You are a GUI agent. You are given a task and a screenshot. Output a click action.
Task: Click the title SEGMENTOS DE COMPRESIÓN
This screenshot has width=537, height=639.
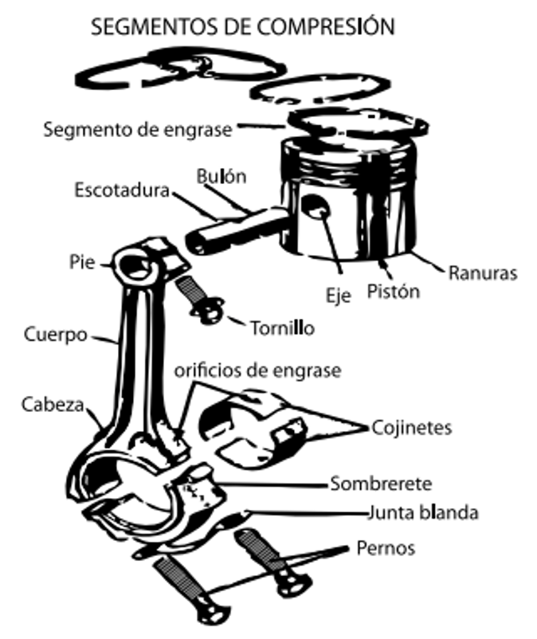click(x=243, y=26)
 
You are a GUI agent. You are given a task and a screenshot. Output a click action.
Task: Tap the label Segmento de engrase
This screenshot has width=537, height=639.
click(x=138, y=128)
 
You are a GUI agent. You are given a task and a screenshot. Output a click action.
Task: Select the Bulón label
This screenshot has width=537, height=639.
click(x=221, y=177)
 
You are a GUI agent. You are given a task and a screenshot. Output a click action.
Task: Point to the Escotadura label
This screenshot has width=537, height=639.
click(x=122, y=191)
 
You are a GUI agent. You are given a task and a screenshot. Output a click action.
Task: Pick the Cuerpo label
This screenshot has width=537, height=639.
click(x=55, y=335)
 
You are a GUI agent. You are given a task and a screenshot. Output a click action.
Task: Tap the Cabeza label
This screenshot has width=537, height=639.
click(x=52, y=404)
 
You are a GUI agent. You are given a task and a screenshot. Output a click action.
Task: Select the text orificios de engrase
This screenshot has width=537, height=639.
click(x=257, y=370)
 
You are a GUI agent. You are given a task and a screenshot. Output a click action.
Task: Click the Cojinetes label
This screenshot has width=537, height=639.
click(x=412, y=428)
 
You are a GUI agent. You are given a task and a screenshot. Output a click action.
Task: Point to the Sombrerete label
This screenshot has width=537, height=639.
click(x=381, y=484)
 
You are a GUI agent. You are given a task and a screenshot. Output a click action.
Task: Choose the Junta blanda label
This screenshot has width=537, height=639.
click(x=422, y=512)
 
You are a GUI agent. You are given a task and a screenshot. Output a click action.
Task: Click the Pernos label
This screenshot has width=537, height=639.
click(x=386, y=549)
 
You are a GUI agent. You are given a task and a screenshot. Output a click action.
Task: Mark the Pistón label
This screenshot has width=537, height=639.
click(x=393, y=292)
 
